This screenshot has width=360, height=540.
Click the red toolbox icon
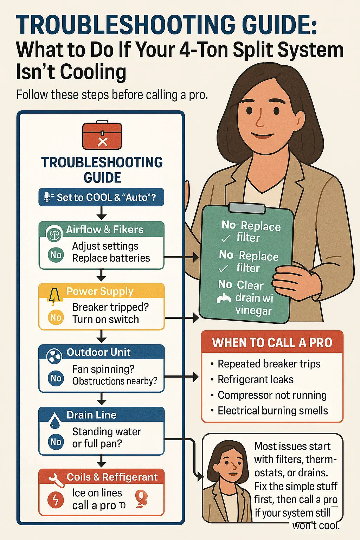(102, 135)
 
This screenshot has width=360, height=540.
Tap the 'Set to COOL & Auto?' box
(101, 197)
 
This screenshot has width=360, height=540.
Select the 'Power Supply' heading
(99, 291)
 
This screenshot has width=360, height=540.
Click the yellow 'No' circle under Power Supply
(56, 318)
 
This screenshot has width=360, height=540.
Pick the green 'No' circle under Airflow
(56, 255)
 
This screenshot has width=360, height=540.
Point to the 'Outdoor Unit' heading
(99, 352)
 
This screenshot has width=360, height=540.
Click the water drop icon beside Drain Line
(55, 420)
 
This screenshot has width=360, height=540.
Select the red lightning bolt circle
(56, 499)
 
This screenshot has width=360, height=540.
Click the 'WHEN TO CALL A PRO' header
(272, 342)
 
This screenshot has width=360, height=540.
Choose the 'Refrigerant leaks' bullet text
(256, 379)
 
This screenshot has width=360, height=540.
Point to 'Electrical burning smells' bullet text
(273, 411)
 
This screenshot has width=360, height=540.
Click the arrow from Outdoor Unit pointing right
(181, 377)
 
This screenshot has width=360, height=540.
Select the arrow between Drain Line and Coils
(102, 462)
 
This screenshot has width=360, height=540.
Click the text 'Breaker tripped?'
(110, 307)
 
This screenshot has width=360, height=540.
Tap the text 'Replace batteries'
(111, 258)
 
